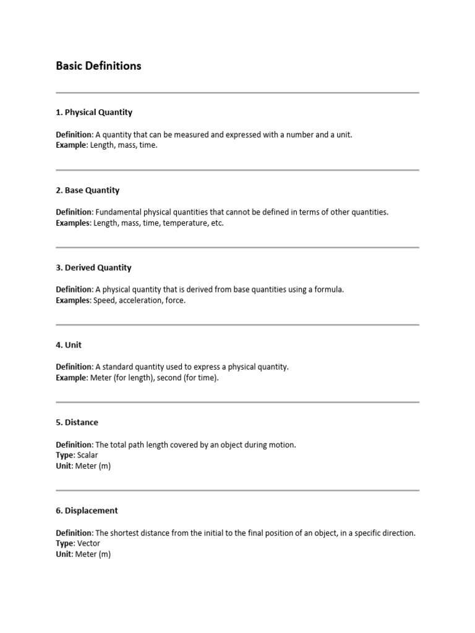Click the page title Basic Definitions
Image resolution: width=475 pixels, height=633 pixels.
point(98,66)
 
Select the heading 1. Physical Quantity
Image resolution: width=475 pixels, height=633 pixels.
point(94,113)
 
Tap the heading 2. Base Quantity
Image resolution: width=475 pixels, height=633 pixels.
point(87,190)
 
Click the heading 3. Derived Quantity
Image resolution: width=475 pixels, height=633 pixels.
point(93,268)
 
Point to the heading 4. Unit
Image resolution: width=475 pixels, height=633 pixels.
point(69,345)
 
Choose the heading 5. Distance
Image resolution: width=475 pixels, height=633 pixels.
point(77,422)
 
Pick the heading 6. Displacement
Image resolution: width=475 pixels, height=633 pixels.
point(87,511)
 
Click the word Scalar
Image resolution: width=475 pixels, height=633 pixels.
point(88,455)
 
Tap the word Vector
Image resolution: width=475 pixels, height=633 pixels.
point(88,543)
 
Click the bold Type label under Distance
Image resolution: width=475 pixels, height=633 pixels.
point(65,455)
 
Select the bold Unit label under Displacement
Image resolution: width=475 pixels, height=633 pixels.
point(64,554)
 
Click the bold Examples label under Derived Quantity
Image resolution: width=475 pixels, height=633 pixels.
point(73,300)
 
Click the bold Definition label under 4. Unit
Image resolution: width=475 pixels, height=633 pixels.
point(74,367)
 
